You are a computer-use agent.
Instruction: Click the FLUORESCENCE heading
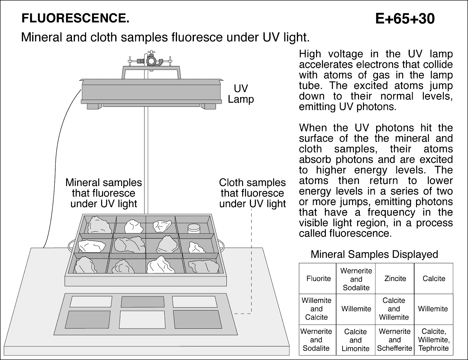pyautogui.click(x=75, y=18)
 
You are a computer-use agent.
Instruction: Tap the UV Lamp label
pyautogui.click(x=241, y=94)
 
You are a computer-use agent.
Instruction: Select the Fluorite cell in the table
pyautogui.click(x=318, y=278)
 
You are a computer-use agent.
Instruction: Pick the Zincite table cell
pyautogui.click(x=395, y=278)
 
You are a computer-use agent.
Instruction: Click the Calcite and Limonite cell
pyautogui.click(x=355, y=340)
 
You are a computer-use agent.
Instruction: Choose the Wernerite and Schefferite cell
pyautogui.click(x=394, y=340)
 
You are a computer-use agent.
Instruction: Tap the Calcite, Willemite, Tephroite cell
pyautogui.click(x=433, y=340)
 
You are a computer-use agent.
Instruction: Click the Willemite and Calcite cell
pyautogui.click(x=316, y=309)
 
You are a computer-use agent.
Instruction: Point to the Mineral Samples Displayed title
pyautogui.click(x=374, y=254)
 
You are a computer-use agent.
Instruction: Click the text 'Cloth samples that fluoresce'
pyautogui.click(x=252, y=188)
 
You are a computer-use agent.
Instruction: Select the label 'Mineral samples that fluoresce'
pyautogui.click(x=104, y=188)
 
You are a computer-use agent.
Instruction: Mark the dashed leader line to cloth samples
pyautogui.click(x=251, y=263)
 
